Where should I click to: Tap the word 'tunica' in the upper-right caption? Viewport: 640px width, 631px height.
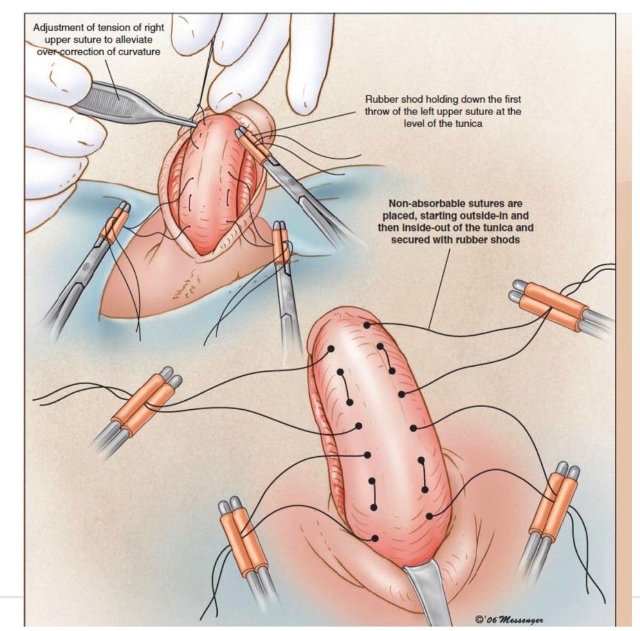pos(469,124)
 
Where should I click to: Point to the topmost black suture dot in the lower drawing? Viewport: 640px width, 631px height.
pos(367,325)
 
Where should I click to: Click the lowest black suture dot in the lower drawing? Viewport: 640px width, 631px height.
pos(375,538)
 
